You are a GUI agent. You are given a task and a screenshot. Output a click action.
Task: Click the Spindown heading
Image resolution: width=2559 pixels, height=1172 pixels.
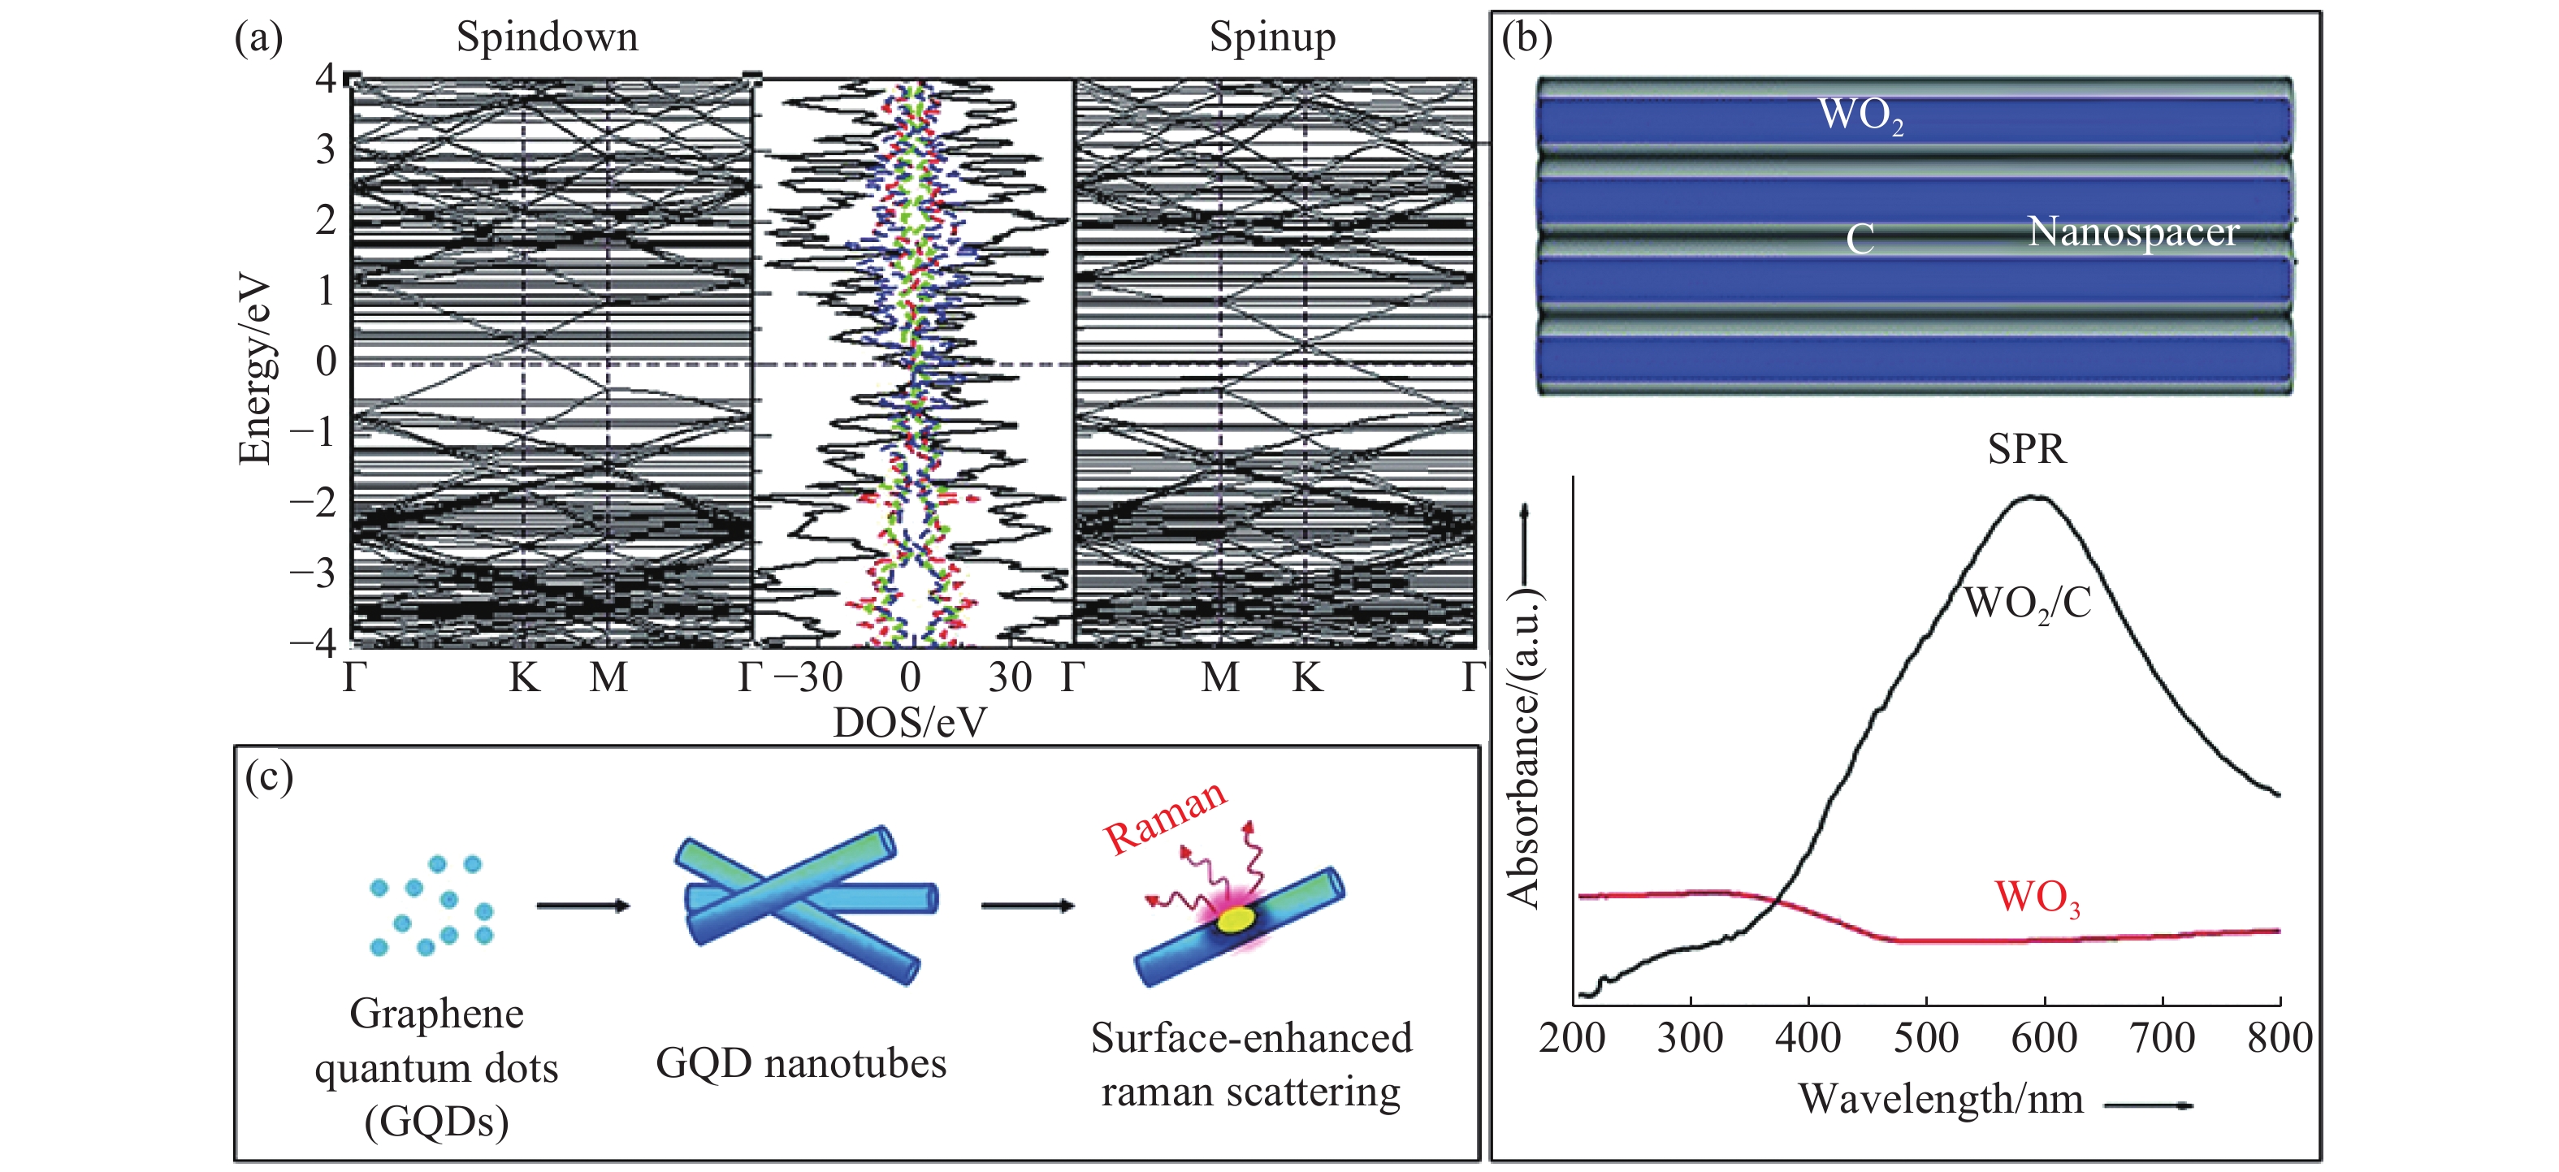click(x=547, y=37)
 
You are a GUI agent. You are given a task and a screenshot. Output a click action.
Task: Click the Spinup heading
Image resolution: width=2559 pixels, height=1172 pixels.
click(x=1271, y=37)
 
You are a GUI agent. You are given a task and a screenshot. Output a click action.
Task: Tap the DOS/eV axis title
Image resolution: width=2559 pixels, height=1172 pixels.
click(x=909, y=722)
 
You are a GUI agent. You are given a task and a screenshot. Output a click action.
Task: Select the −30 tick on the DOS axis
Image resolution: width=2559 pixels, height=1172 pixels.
click(x=808, y=677)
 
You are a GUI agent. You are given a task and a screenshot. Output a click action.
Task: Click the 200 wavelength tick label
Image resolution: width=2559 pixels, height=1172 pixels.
click(x=1572, y=1038)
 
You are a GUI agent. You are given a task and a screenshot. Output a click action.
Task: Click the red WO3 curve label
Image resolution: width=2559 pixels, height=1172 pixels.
click(x=2037, y=897)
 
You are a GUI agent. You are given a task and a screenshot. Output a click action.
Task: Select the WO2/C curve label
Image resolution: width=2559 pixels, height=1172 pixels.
click(x=2028, y=603)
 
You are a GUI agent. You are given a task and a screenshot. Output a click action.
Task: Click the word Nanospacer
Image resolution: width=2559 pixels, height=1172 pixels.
click(x=2132, y=231)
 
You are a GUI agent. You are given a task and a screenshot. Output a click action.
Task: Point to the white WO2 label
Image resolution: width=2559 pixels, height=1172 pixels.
click(x=1860, y=115)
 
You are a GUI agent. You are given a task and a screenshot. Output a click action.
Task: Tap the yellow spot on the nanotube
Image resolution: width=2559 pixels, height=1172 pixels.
click(x=1235, y=919)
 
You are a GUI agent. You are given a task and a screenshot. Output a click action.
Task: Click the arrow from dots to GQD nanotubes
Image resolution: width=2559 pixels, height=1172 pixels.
click(x=583, y=905)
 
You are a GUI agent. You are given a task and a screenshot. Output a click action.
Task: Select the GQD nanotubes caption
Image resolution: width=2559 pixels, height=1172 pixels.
click(x=801, y=1064)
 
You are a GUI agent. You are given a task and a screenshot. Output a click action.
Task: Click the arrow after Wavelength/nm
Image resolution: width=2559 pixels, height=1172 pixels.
click(x=2148, y=1105)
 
